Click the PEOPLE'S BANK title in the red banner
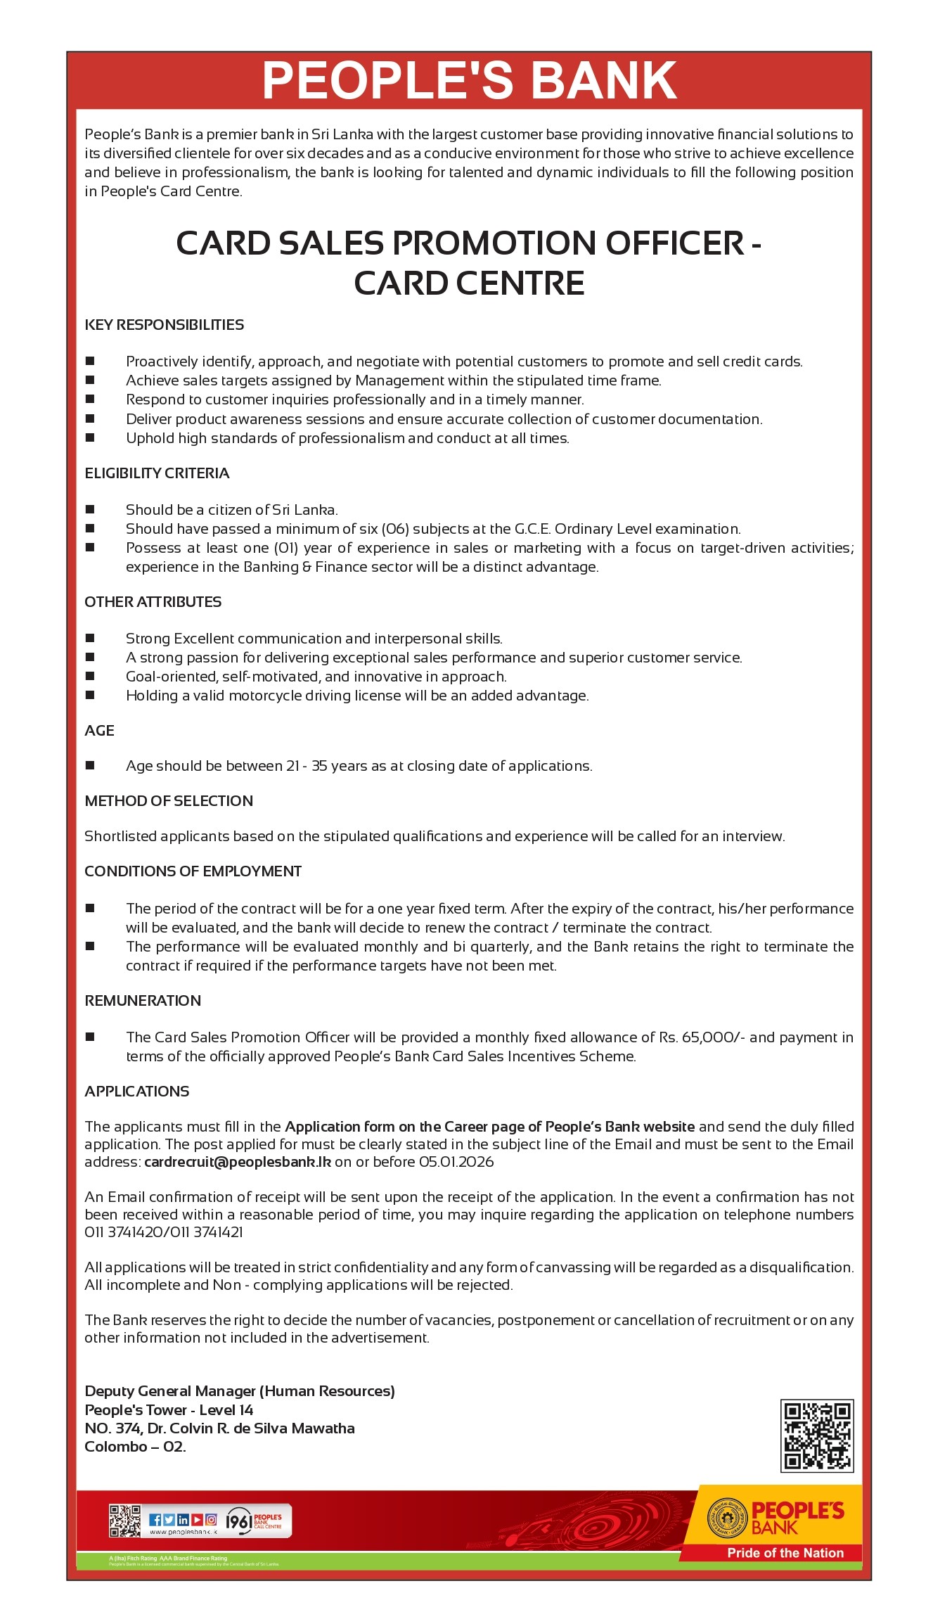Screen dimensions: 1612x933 (469, 80)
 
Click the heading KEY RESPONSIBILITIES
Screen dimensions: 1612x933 (164, 325)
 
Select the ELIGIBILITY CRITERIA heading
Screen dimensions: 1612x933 (157, 473)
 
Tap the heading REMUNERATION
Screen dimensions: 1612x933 (143, 1001)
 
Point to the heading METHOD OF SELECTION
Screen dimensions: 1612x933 (169, 801)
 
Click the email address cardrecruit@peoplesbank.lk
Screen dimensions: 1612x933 (238, 1162)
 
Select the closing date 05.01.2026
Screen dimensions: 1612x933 (456, 1162)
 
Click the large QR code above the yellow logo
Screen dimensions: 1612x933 (817, 1436)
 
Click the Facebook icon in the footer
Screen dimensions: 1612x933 (155, 1520)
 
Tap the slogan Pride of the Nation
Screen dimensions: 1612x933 (785, 1553)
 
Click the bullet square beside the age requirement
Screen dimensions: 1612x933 (90, 765)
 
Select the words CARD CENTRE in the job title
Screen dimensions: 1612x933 (469, 283)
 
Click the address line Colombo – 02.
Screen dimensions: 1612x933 (135, 1447)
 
